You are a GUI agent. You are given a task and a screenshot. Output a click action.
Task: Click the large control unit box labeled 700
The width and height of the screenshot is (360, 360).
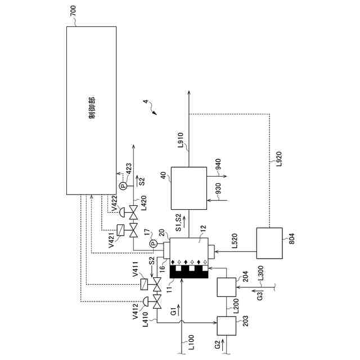(x=92, y=110)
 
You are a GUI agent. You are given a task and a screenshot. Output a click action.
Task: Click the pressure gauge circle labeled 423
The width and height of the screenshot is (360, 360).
(x=123, y=185)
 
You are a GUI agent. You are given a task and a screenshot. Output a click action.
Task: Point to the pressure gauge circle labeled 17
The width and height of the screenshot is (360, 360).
(x=152, y=244)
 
